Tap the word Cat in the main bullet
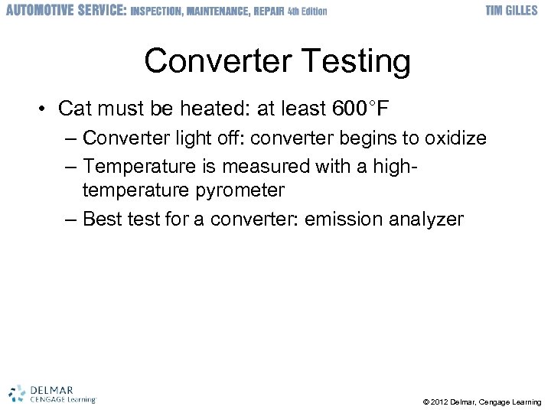[73, 109]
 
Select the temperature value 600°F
[361, 109]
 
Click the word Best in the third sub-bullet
[103, 220]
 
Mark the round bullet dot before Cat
[44, 109]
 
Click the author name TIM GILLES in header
[512, 11]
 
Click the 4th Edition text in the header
[307, 11]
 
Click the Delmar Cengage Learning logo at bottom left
[52, 392]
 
